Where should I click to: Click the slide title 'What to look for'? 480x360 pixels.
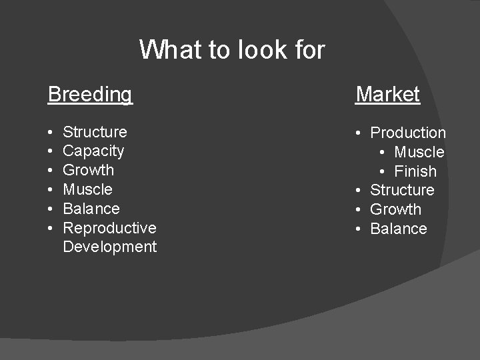232,49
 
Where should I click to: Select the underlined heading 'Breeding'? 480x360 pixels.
90,94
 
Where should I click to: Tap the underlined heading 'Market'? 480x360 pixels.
387,94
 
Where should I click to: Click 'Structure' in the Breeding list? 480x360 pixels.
95,132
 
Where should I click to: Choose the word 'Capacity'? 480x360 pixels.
93,151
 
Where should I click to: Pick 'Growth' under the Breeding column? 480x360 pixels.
88,170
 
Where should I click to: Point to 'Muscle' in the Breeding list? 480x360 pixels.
87,189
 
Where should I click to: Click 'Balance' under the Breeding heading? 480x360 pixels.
91,209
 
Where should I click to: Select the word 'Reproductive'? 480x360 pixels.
109,228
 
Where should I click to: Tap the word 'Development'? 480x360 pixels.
109,247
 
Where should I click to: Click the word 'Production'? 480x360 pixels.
408,133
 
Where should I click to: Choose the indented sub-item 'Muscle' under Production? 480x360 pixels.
419,152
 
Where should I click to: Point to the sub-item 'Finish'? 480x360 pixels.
415,171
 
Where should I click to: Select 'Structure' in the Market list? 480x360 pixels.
402,190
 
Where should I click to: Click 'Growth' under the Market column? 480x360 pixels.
395,209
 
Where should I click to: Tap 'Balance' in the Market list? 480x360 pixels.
398,229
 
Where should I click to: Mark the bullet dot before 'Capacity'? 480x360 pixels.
51,152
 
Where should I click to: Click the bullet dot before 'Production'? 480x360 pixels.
359,133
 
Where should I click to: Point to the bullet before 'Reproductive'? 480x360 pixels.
51,229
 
